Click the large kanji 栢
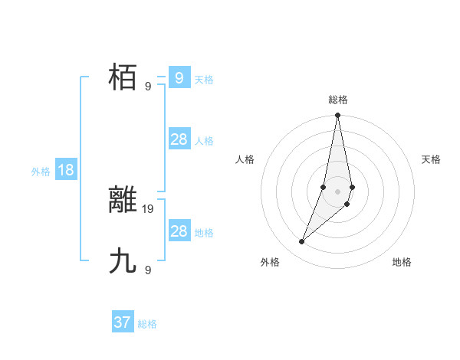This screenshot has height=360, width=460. (123, 78)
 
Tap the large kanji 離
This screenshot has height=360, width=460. (123, 200)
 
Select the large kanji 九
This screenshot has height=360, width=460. (123, 261)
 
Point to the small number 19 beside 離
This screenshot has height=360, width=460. (149, 208)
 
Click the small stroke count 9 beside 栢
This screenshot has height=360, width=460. (148, 87)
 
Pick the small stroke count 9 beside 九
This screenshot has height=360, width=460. (148, 270)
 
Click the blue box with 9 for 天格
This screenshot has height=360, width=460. (179, 77)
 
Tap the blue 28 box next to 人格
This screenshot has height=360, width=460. (179, 139)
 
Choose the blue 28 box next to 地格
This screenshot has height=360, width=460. (179, 231)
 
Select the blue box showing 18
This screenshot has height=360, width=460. (66, 170)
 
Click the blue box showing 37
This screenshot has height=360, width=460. (123, 322)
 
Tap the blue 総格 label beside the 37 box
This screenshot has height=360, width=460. (147, 324)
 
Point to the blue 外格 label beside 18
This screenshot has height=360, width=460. (41, 172)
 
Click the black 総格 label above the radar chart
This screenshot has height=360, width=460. (337, 100)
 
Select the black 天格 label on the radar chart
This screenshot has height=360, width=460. (431, 159)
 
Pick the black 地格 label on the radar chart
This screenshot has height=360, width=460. (402, 262)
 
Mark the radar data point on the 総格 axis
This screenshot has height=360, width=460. (337, 116)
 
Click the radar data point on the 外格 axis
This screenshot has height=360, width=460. (302, 242)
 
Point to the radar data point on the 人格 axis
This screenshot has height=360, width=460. (324, 187)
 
